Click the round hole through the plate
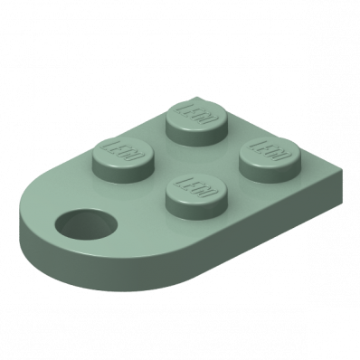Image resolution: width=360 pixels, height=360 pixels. (x=86, y=224)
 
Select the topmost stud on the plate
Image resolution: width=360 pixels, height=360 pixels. (x=196, y=122)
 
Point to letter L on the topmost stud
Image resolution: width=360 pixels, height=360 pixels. (x=184, y=109)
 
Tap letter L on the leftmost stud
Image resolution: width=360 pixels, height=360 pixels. (x=111, y=147)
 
